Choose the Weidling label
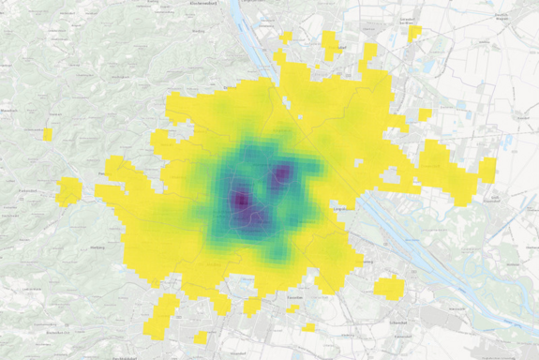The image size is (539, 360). tap(198, 31)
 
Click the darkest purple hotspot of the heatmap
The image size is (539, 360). tap(241, 200)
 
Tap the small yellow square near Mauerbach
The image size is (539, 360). tap(48, 135)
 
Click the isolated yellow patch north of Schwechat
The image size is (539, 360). tap(388, 288)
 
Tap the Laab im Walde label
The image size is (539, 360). tap(32, 290)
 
